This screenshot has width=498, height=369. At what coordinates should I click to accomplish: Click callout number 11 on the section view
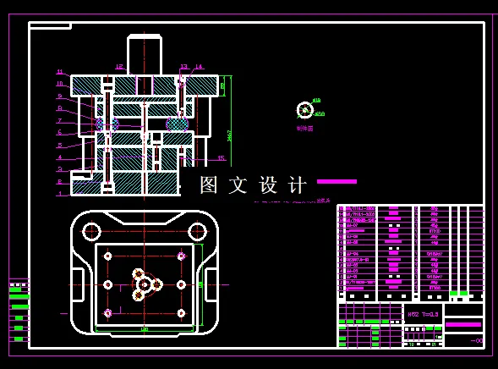pyautogui.click(x=60, y=72)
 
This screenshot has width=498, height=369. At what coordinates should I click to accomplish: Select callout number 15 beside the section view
pyautogui.click(x=221, y=158)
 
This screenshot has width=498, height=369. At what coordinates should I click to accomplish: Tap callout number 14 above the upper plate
pyautogui.click(x=199, y=67)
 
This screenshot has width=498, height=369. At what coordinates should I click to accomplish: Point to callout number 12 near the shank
pyautogui.click(x=119, y=67)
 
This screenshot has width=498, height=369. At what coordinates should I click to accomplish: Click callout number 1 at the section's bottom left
pyautogui.click(x=60, y=194)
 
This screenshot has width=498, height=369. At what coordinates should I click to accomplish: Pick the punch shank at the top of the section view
pyautogui.click(x=144, y=55)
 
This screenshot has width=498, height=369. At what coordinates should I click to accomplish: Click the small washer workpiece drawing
pyautogui.click(x=304, y=110)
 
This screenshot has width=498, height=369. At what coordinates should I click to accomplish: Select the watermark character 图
pyautogui.click(x=209, y=185)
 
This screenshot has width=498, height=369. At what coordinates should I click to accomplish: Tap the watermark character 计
pyautogui.click(x=298, y=185)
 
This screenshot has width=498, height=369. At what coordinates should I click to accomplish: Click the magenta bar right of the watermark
pyautogui.click(x=337, y=181)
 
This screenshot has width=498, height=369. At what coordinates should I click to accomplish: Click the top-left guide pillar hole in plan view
pyautogui.click(x=91, y=230)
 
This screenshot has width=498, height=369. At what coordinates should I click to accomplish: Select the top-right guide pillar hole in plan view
pyautogui.click(x=197, y=230)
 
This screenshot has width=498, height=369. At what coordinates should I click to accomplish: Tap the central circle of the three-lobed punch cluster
pyautogui.click(x=145, y=284)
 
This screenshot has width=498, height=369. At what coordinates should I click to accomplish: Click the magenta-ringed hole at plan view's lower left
pyautogui.click(x=107, y=313)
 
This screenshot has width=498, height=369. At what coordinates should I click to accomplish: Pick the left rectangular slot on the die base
pyautogui.click(x=78, y=284)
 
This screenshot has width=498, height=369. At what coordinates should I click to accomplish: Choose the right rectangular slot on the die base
pyautogui.click(x=211, y=284)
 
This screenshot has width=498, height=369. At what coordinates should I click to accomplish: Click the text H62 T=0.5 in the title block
pyautogui.click(x=423, y=314)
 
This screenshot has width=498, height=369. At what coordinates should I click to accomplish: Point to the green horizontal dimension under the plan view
pyautogui.click(x=145, y=329)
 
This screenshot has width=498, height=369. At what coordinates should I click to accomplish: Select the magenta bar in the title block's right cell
pyautogui.click(x=463, y=324)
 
